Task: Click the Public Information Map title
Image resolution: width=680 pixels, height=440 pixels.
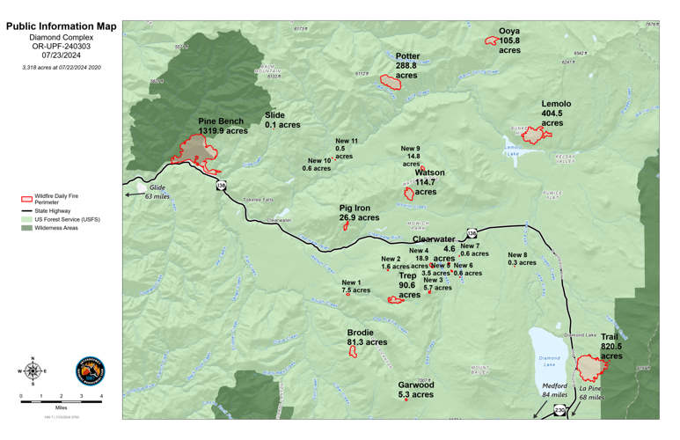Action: (61, 26)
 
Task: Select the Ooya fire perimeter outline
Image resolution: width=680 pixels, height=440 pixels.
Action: (491, 40)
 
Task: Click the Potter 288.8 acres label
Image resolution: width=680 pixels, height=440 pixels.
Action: (406, 66)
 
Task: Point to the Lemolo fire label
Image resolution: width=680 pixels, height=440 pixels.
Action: (555, 114)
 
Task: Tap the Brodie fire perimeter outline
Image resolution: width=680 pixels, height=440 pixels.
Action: (353, 352)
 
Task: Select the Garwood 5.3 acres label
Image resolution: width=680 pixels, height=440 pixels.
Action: (415, 390)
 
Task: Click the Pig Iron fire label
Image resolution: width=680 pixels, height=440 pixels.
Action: (359, 213)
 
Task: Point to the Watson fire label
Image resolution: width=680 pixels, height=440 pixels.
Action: (429, 182)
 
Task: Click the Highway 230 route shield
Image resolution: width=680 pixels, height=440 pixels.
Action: (559, 411)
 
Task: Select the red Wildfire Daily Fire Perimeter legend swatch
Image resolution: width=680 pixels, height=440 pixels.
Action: (26, 200)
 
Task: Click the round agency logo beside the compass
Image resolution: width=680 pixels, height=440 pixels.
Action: (89, 371)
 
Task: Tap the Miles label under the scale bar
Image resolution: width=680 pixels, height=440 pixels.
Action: (61, 408)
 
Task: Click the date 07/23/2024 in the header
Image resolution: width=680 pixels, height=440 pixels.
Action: (61, 55)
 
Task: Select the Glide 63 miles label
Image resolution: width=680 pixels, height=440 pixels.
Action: (157, 191)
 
